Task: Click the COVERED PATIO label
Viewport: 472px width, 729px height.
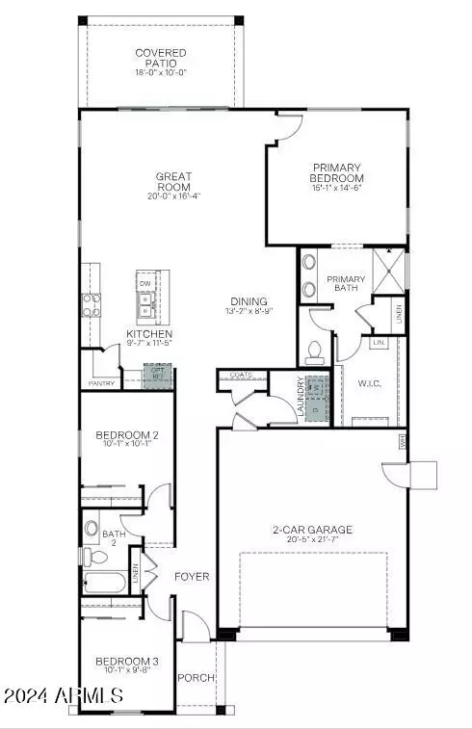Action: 161,58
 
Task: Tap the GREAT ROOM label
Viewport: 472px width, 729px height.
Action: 174,182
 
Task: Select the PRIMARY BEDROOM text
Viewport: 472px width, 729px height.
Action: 336,173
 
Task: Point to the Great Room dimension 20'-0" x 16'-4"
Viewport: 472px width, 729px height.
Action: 174,196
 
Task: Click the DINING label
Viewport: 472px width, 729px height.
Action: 248,301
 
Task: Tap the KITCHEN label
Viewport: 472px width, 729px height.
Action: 148,335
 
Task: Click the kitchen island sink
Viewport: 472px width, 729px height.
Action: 146,306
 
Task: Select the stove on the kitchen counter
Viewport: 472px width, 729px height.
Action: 92,305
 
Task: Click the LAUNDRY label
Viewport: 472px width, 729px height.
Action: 301,397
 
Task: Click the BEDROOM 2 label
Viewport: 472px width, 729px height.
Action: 127,435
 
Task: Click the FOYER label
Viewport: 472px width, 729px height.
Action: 191,577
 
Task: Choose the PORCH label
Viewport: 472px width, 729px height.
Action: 196,677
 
